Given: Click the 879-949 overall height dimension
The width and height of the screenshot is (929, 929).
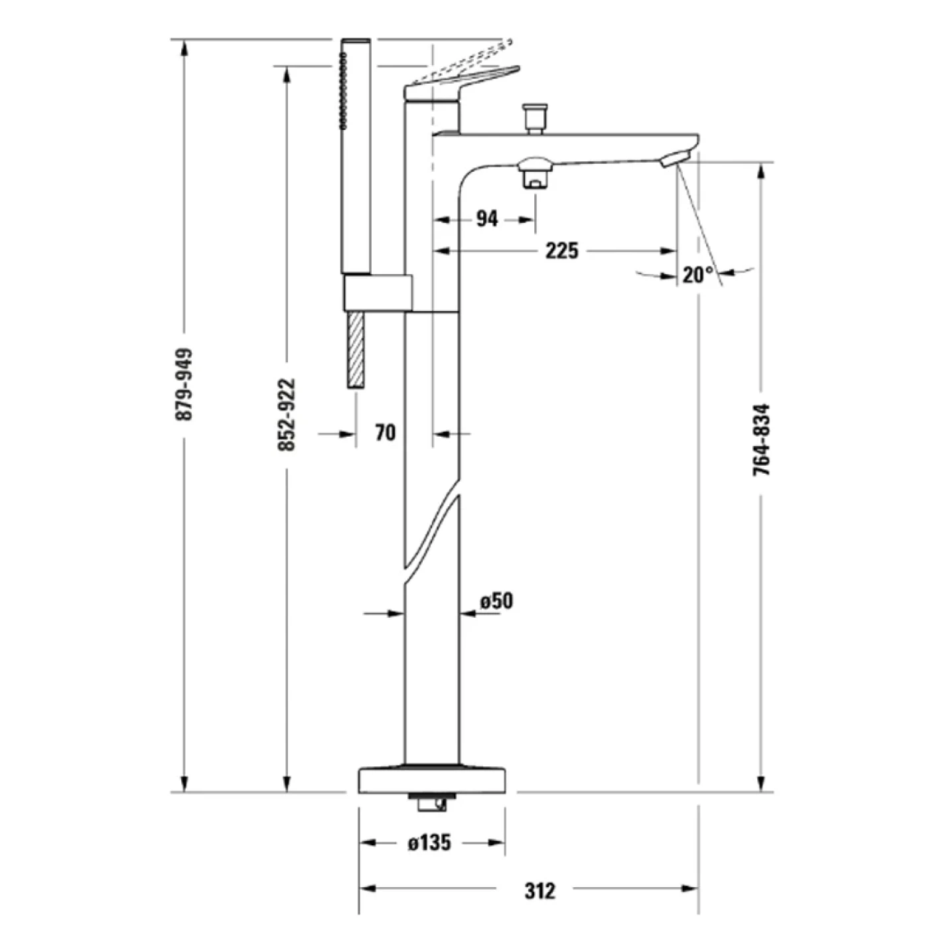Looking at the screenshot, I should click(184, 384).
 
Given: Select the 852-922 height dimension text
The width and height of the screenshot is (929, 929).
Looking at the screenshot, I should click(286, 415).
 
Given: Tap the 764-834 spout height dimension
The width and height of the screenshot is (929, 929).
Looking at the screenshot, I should click(762, 439).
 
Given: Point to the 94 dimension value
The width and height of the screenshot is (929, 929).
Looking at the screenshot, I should click(487, 218).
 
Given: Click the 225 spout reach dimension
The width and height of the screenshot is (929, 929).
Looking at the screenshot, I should click(561, 251).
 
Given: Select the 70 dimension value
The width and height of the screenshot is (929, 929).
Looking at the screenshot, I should click(385, 433).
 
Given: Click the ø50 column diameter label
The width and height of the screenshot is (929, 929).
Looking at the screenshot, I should click(496, 601).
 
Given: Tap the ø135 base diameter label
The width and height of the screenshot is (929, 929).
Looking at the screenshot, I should click(430, 843).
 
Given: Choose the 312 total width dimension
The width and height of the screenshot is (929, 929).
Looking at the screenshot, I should click(539, 890).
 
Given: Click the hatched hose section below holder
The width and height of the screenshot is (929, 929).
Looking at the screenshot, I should click(356, 348).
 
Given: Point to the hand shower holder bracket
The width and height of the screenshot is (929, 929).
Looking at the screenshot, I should click(376, 293).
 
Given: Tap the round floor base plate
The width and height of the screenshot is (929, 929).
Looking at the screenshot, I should click(432, 780).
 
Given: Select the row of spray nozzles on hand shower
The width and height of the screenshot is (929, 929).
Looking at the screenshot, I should click(343, 91).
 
